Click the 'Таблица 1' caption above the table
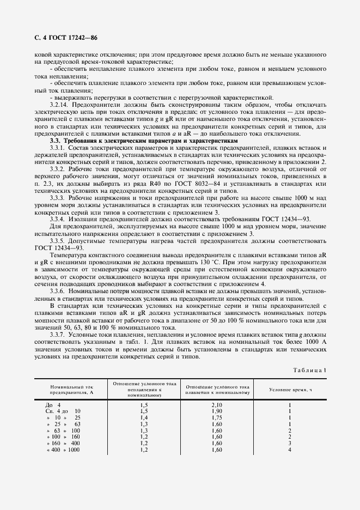[309, 372]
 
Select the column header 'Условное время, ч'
[290, 389]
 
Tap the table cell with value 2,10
[216, 405]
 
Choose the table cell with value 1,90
[216, 411]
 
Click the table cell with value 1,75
[216, 417]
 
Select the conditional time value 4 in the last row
[290, 450]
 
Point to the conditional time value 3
[290, 443]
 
